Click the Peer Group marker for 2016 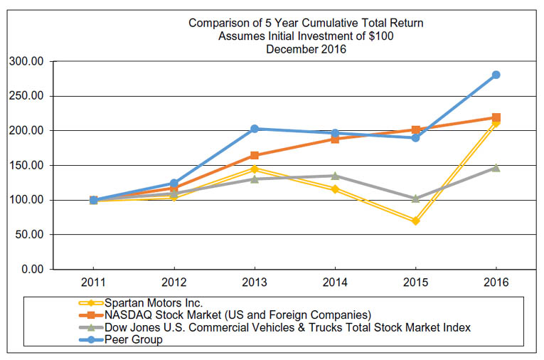(x=496, y=75)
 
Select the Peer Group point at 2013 (x=255, y=129)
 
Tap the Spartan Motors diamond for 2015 (x=415, y=221)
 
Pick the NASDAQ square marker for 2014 (x=335, y=139)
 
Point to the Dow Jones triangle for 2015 (x=415, y=198)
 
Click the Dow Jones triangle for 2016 (x=496, y=168)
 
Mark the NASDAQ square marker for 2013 (x=255, y=155)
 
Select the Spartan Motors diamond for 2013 (x=255, y=169)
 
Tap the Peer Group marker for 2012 (x=174, y=184)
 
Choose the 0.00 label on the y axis (x=33, y=269)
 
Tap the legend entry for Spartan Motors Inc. (x=153, y=302)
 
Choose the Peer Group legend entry (x=132, y=339)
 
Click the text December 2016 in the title (x=306, y=49)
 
